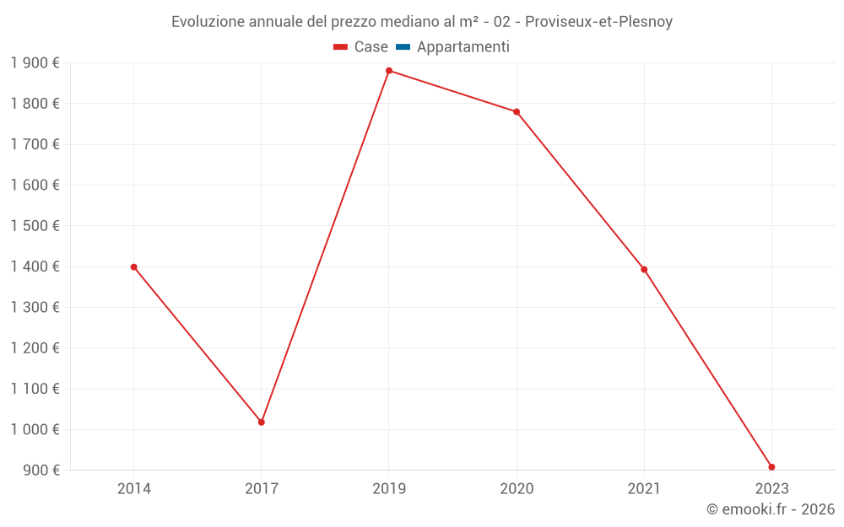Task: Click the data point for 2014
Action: click(133, 267)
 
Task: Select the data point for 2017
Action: click(262, 422)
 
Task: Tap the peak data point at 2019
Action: click(389, 71)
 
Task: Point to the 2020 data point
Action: click(517, 112)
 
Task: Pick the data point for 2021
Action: click(644, 270)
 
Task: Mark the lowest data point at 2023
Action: click(771, 467)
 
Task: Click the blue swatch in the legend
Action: click(403, 47)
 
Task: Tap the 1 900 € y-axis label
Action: click(35, 62)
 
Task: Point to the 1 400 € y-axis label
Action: click(35, 266)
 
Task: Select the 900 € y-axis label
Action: click(40, 470)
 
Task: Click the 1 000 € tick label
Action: click(35, 429)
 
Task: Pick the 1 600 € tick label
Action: click(35, 185)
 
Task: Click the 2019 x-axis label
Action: click(389, 488)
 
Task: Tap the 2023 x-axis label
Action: click(771, 488)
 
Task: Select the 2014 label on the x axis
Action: click(133, 488)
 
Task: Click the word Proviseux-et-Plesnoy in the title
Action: click(598, 22)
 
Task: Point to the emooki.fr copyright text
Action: click(771, 509)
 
